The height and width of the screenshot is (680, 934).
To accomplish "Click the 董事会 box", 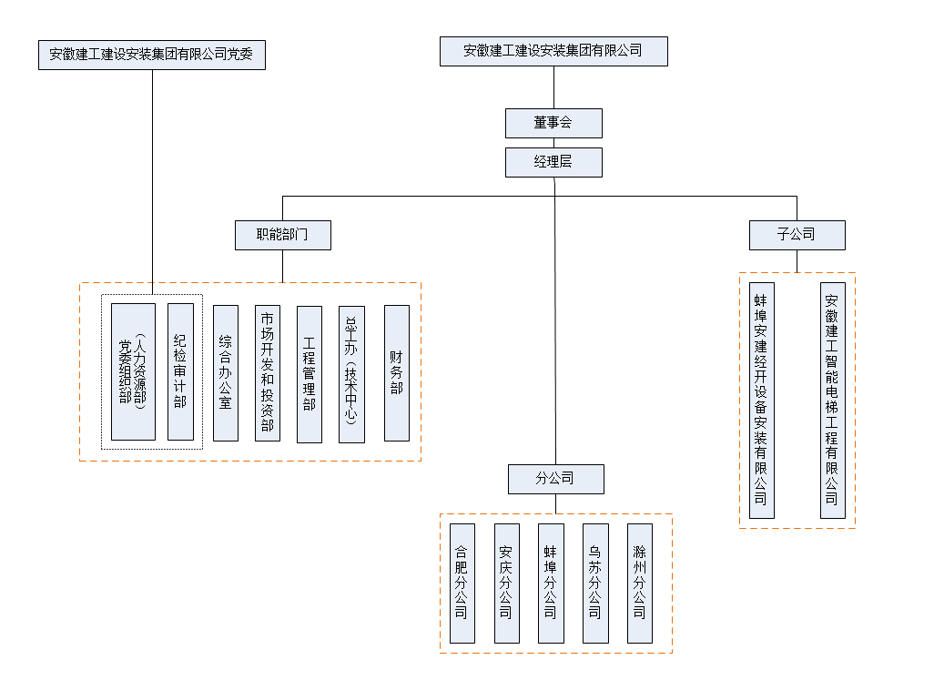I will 553,123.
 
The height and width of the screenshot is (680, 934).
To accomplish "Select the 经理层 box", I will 553,163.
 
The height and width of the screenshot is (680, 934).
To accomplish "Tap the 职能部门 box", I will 282,235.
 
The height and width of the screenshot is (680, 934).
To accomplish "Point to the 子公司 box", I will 797,235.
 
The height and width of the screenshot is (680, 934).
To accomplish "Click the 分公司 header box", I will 554,479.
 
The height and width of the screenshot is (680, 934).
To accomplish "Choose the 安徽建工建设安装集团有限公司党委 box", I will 152,55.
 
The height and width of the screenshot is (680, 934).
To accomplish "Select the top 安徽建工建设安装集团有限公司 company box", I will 553,51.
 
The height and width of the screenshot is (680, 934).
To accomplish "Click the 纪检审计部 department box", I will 180,371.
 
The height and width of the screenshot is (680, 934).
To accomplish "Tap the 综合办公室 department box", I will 226,372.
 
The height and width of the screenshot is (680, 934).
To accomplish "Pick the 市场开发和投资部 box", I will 268,372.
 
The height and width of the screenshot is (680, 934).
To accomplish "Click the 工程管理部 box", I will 310,374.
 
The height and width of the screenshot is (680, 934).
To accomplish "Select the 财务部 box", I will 397,372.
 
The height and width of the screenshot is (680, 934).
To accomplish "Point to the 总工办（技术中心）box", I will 351,374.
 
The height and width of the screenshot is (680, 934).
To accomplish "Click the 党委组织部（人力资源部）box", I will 133,371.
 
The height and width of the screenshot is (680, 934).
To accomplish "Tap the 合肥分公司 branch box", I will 462,583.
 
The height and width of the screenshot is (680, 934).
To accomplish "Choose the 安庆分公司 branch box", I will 506,583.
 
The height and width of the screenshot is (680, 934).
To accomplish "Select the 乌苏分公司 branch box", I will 595,583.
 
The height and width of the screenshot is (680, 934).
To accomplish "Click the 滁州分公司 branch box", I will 640,583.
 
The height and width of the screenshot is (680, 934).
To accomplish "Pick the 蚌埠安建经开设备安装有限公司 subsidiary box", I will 761,401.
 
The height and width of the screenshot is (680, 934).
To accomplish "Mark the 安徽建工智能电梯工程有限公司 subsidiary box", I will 832,401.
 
